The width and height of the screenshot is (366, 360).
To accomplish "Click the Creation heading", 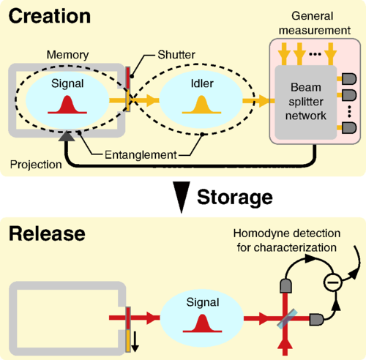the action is click(50, 16).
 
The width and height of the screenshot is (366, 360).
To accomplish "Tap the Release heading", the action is click(47, 233).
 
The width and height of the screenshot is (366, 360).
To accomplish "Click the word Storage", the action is click(235, 198).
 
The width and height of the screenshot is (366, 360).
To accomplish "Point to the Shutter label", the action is click(176, 55).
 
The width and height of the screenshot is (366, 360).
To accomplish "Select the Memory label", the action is click(67, 55).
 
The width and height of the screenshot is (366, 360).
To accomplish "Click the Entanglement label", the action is click(141, 155).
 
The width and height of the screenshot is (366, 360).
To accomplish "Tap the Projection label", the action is click(36, 165).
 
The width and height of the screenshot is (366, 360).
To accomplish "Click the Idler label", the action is click(202, 83).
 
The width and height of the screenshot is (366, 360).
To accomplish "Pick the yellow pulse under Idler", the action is click(201, 105).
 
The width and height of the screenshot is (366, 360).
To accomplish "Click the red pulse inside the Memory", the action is click(67, 105).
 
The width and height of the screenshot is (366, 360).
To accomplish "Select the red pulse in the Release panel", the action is click(202, 323).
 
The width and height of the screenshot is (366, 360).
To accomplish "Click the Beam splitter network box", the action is click(306, 102).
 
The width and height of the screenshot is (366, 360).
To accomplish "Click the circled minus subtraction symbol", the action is click(332, 282).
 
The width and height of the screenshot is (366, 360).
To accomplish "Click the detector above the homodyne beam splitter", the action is click(285, 285).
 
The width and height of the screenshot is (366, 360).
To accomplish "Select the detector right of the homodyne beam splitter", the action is click(317, 320).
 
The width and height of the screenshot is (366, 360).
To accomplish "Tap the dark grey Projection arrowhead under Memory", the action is click(67, 136).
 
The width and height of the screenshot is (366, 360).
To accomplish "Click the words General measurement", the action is click(314, 23).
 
